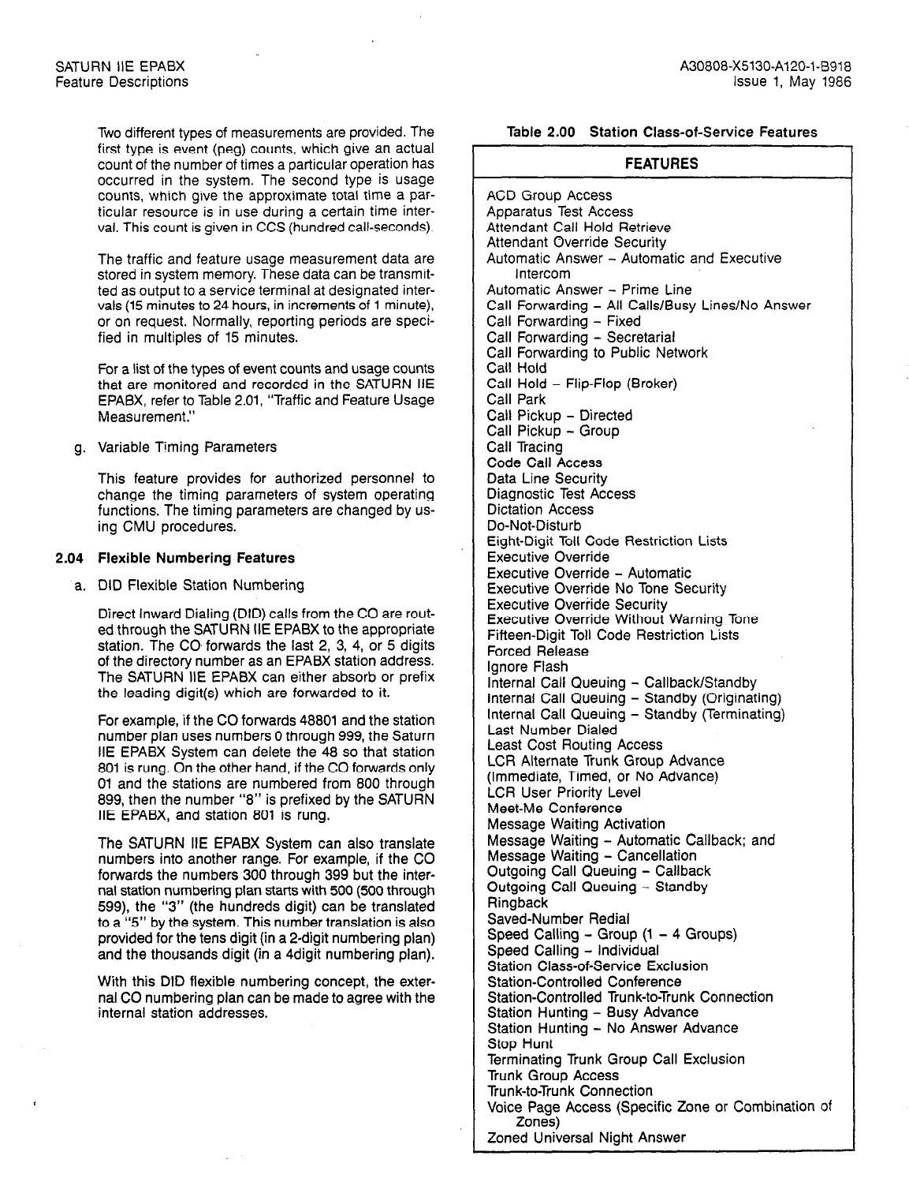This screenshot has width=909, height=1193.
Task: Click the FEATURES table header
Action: point(661,164)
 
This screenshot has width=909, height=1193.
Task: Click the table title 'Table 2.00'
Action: point(540,133)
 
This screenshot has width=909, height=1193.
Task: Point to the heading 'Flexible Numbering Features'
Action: point(196,558)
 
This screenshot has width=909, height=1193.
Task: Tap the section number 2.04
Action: point(69,558)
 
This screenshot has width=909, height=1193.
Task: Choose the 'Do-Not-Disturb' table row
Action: point(534,525)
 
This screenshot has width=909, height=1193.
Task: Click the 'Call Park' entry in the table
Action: point(516,399)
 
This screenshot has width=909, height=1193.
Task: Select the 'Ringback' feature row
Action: point(517,903)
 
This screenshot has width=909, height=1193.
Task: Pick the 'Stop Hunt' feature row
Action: point(520,1044)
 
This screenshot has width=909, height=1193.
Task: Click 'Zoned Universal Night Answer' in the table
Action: point(586,1138)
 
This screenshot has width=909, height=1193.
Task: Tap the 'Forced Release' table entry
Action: point(538,651)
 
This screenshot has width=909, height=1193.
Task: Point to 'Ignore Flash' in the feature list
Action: point(527,667)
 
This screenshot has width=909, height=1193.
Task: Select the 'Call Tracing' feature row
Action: point(524,447)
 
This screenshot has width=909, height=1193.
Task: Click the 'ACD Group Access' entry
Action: point(549,196)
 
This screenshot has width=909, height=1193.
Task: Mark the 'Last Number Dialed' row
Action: point(552,730)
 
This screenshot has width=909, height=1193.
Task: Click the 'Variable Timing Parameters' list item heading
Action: point(187,447)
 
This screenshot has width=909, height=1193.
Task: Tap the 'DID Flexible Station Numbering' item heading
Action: point(200,585)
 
